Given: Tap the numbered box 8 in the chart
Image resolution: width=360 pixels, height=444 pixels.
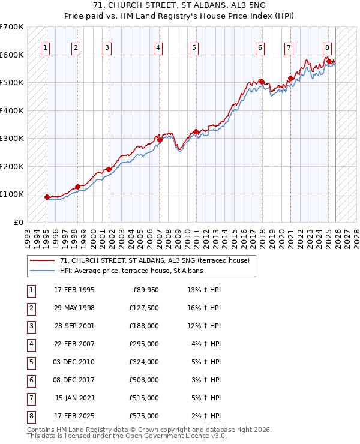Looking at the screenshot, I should coord(327,48).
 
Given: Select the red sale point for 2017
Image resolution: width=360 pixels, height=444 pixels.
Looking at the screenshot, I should coord(262,82).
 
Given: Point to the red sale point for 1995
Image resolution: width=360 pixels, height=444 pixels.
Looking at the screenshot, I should coord(47,197).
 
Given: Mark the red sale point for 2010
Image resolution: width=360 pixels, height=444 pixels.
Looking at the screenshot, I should coord(196,132).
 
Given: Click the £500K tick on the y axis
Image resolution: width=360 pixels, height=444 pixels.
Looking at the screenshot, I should coord(12,83).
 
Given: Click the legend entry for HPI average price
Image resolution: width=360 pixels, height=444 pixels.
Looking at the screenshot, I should coord(131,271).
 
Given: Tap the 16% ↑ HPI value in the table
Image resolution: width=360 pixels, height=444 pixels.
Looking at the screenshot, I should coord(204,308).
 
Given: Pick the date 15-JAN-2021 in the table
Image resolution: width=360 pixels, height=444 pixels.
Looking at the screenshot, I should coord(74,398).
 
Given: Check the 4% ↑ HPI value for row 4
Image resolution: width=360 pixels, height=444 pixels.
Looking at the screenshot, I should coord(205,344).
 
